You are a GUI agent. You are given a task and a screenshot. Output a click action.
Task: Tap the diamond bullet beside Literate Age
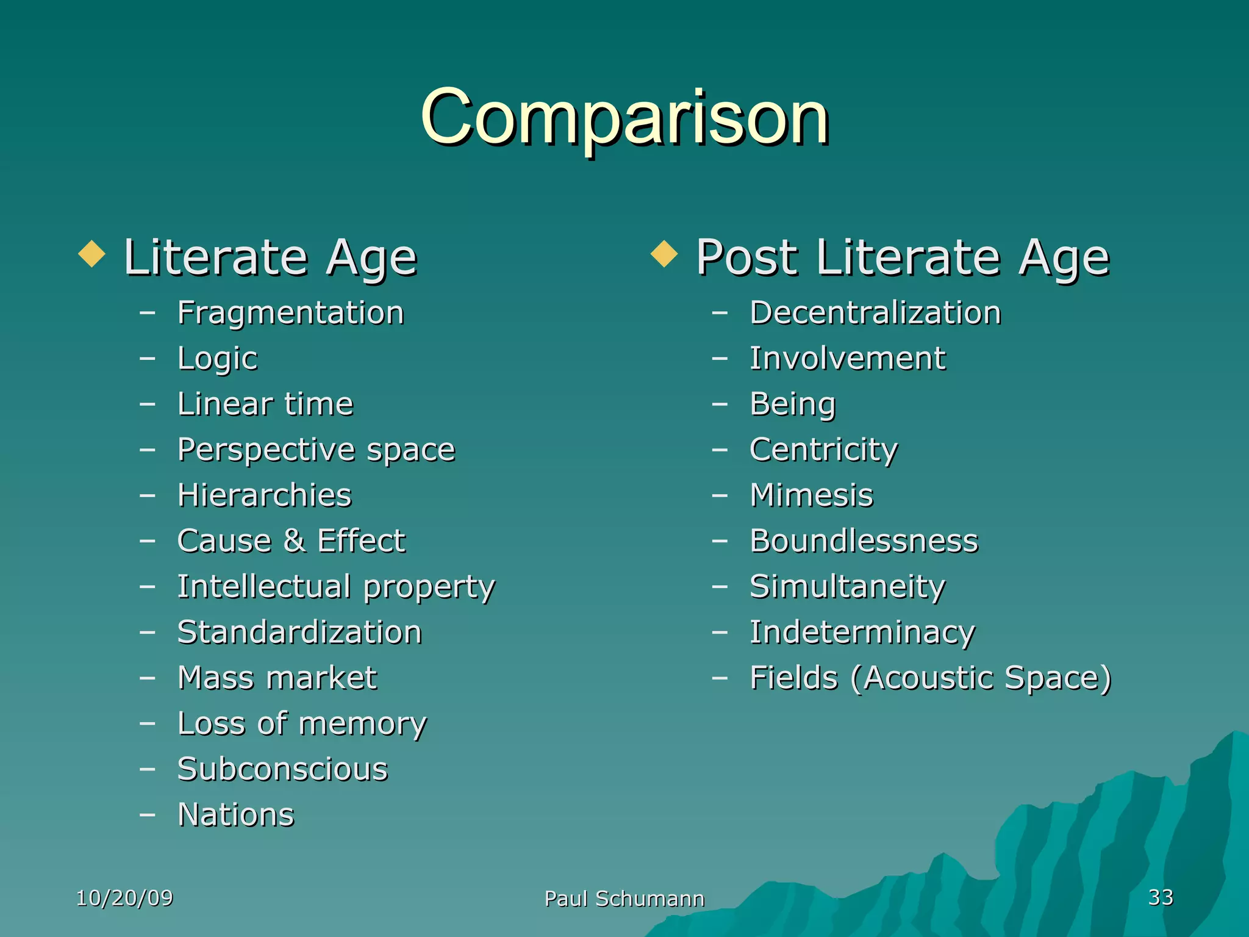tap(92, 254)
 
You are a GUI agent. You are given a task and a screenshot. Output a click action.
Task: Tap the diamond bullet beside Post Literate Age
tap(664, 254)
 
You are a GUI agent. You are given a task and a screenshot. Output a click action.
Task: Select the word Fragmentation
tap(290, 313)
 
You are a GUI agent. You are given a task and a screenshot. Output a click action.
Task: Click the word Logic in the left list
tap(217, 359)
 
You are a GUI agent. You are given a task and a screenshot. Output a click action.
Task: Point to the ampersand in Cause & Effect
tap(294, 540)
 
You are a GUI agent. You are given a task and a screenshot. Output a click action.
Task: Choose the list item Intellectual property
tap(335, 587)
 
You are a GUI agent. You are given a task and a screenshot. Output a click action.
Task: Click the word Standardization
tap(299, 632)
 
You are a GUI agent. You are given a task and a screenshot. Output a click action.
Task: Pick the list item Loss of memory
tap(302, 724)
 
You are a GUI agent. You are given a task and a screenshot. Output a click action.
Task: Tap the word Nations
tap(235, 815)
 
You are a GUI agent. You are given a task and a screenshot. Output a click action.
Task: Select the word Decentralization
tap(875, 313)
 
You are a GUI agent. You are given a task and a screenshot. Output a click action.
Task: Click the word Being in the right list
tap(792, 404)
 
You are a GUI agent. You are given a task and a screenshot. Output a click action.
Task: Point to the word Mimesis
tap(811, 495)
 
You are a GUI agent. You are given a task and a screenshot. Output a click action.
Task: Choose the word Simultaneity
tap(847, 587)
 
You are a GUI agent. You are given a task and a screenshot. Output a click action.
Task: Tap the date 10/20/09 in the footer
tap(124, 898)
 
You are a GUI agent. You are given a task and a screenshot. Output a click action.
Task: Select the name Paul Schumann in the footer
tap(624, 899)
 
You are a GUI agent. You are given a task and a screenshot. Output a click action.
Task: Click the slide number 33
tap(1161, 897)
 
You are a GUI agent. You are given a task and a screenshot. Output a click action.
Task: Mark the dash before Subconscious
tap(147, 769)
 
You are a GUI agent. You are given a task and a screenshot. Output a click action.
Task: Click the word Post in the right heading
tap(746, 257)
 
